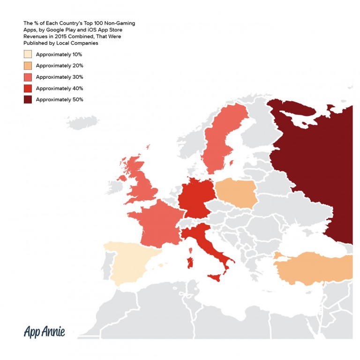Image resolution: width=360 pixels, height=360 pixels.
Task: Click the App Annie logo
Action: (45, 332)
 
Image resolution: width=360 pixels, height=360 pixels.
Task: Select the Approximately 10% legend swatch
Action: (28, 54)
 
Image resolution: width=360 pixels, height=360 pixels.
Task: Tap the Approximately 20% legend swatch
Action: (28, 66)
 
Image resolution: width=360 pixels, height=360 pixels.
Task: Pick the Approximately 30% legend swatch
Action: (28, 77)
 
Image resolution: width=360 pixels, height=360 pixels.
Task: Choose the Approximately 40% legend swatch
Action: (28, 88)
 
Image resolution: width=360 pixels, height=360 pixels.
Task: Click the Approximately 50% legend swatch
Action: (28, 99)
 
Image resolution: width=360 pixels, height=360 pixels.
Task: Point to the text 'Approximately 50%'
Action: (59, 99)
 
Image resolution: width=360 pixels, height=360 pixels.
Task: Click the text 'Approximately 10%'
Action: (59, 54)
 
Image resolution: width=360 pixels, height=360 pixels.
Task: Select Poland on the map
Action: (236, 191)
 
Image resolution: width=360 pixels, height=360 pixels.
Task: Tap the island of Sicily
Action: (214, 278)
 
